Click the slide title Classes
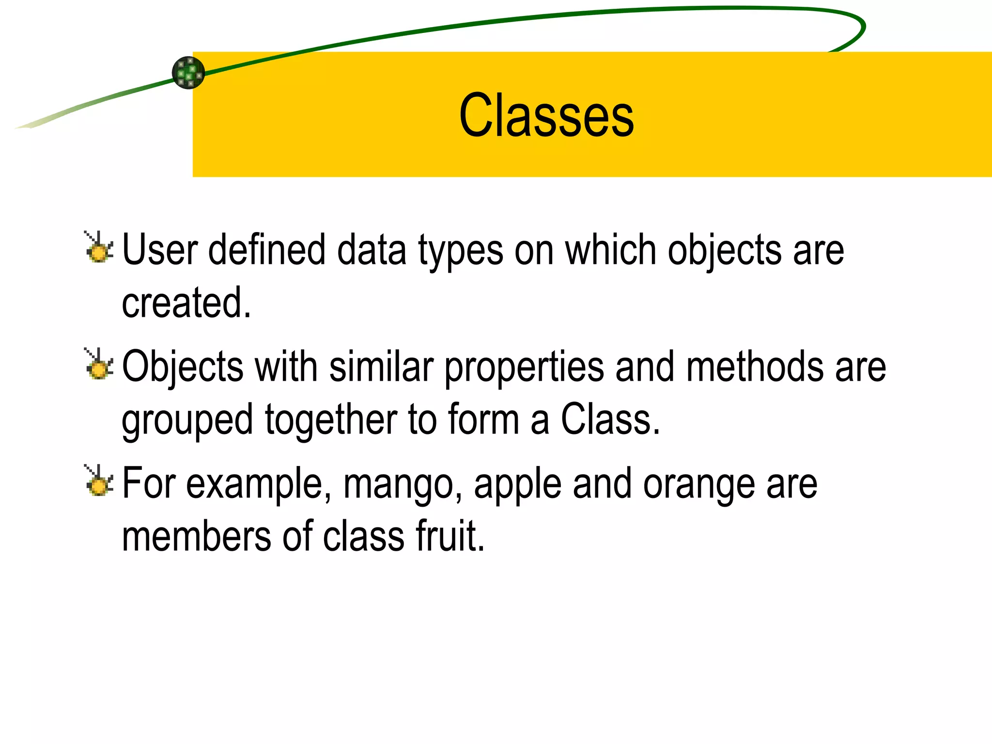546,116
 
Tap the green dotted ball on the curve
188,73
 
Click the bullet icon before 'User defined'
99,248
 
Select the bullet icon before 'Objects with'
99,365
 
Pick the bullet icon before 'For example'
99,481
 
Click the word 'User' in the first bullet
160,250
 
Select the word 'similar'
381,367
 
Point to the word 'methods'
755,367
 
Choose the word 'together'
331,419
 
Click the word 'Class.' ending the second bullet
610,419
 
